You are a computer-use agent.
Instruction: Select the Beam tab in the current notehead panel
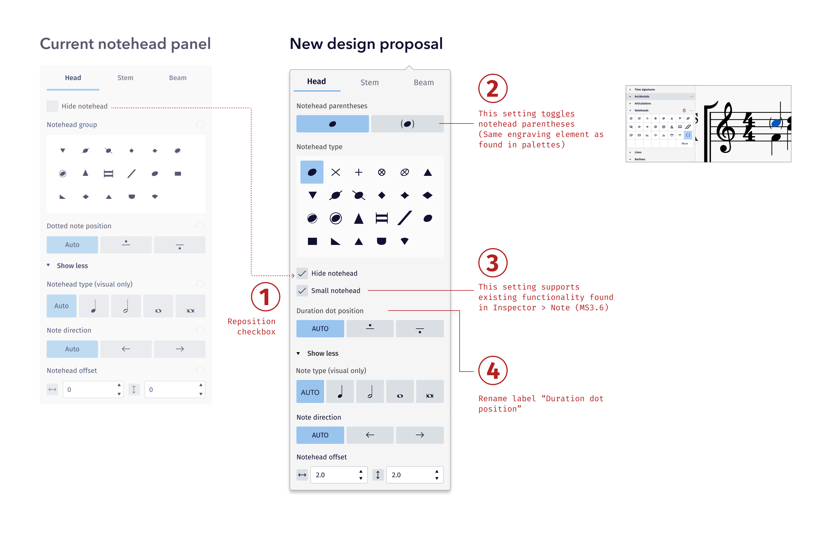tap(178, 78)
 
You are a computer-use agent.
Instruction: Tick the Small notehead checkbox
tap(302, 290)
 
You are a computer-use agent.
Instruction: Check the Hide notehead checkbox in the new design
tap(302, 273)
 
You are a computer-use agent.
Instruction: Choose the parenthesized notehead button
tap(407, 124)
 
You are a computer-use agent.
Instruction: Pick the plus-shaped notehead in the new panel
tap(359, 172)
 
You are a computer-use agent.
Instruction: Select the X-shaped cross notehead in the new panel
tap(336, 172)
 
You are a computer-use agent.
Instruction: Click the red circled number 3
tap(492, 263)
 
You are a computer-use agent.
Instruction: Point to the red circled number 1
tap(265, 297)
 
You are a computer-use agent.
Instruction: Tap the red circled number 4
tap(492, 370)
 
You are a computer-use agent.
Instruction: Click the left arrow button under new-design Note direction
tap(370, 435)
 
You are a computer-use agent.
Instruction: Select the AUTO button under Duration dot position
tap(320, 328)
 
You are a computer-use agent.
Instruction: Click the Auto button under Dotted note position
tap(72, 245)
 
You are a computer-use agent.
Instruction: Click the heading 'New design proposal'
tap(366, 44)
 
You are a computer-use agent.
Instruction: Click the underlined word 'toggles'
tap(557, 114)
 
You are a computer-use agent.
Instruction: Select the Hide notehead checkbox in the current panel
tap(52, 106)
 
